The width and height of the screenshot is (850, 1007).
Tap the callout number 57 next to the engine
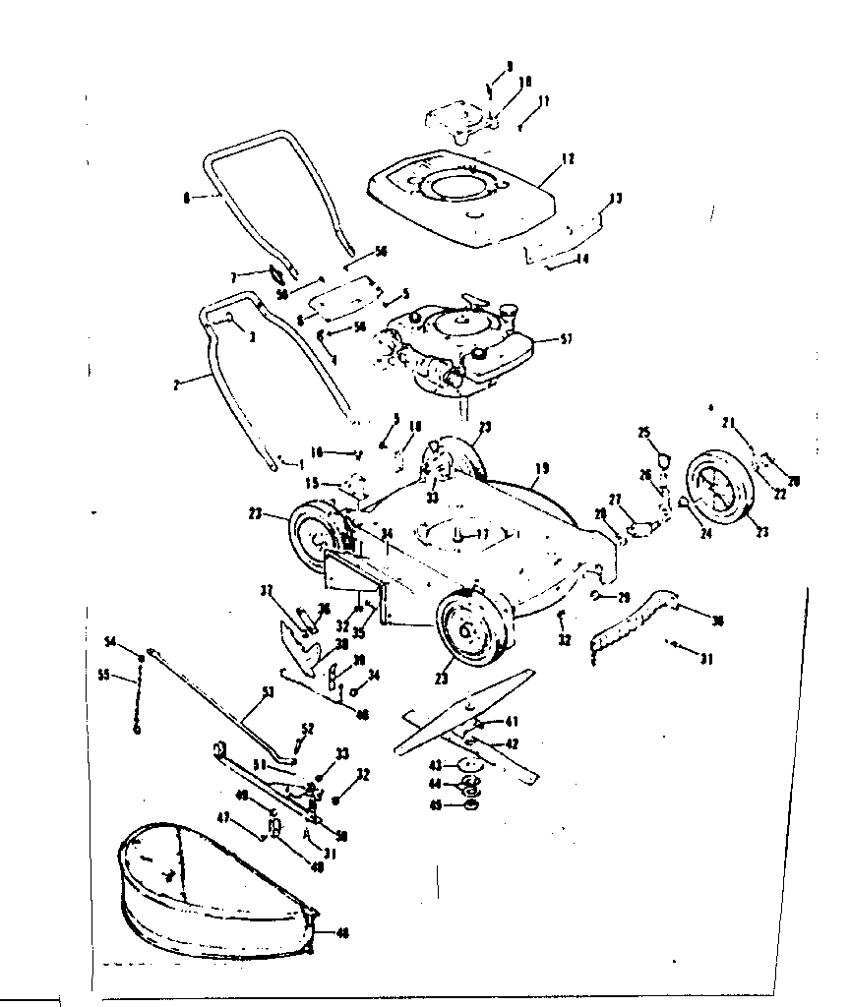[566, 340]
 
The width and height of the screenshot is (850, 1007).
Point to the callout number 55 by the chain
[105, 677]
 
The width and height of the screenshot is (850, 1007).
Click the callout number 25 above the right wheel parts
[644, 433]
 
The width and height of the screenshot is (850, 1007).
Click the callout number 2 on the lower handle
[176, 385]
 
